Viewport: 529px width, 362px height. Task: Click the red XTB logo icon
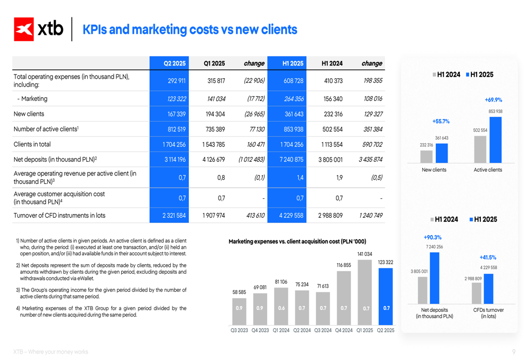click(24, 29)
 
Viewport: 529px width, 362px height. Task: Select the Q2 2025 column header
click(175, 63)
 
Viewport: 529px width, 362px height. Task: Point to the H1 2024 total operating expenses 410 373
click(332, 81)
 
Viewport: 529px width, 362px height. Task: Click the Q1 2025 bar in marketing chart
click(365, 292)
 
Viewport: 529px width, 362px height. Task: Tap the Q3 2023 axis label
click(239, 331)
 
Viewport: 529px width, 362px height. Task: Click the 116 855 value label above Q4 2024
click(344, 265)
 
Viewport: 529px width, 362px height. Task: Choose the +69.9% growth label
click(493, 100)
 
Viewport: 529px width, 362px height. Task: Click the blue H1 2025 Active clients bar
click(495, 140)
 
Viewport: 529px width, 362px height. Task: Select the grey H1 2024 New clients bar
click(426, 156)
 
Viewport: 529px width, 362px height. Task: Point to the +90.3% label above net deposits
click(432, 237)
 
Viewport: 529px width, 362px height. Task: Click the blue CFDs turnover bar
click(488, 288)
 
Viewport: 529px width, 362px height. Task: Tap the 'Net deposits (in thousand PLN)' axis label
click(434, 313)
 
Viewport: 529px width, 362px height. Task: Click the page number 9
click(514, 352)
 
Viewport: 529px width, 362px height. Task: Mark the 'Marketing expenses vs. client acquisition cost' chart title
click(297, 242)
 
